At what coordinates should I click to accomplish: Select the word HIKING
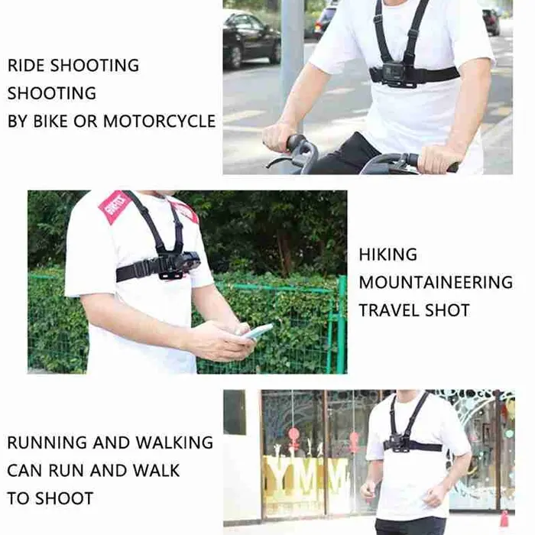point(388,255)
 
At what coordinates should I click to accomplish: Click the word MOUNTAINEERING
point(436,283)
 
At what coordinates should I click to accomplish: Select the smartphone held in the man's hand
point(258,332)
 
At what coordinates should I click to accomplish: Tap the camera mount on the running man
point(399,443)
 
